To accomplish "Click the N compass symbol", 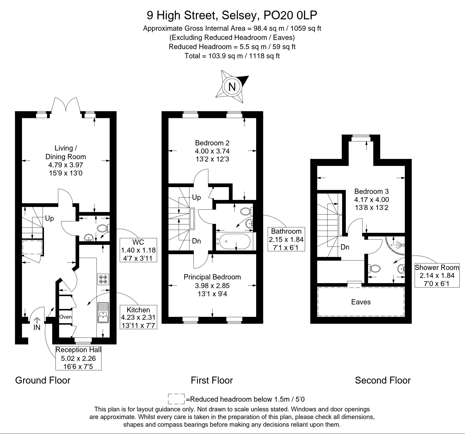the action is pos(232,87).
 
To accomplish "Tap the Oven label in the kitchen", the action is pos(65,317).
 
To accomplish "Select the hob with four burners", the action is pos(103,279).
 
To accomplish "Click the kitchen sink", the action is pos(103,313).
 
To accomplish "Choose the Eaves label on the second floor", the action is pos(361,302).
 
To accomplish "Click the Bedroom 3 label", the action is pos(371,191).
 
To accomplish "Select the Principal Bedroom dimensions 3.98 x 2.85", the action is pos(212,285).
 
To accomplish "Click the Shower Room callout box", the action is pos(437,275).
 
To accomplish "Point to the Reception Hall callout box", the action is pos(78,358).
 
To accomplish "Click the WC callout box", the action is pos(138,250).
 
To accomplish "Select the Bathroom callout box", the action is pos(286,239).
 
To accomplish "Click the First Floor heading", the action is pos(212,380).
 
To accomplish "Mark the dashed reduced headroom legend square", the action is pos(176,399).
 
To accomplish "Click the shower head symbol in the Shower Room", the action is pos(401,245).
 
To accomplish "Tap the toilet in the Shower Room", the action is pos(374,268).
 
